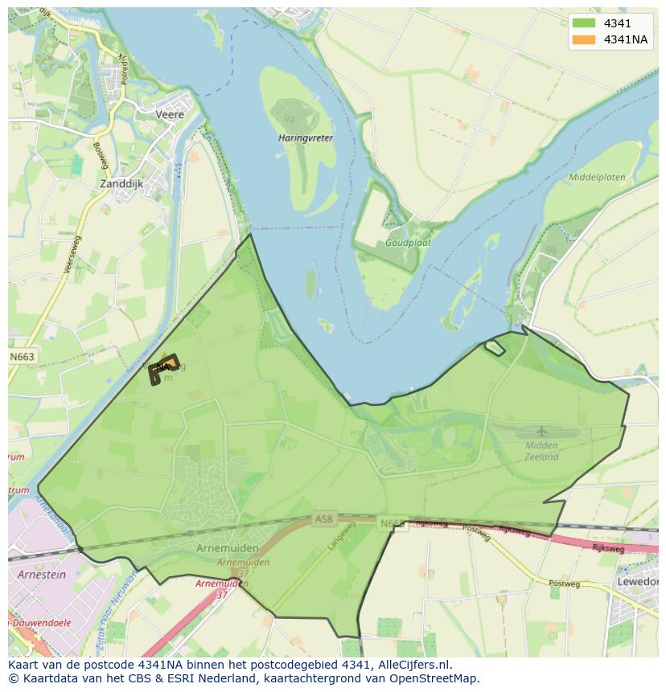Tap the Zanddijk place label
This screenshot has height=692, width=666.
tap(121, 183)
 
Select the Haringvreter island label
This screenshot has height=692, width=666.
tap(306, 137)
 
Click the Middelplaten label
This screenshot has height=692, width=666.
tap(597, 177)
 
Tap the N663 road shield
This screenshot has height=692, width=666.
tap(23, 356)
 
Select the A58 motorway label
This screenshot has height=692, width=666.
tap(323, 519)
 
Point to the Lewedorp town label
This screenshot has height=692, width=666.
tap(640, 581)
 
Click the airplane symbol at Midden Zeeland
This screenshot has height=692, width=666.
tap(541, 432)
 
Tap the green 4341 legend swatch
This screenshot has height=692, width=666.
tap(583, 23)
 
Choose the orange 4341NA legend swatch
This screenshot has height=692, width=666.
tap(583, 39)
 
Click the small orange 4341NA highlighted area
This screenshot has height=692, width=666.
tap(164, 367)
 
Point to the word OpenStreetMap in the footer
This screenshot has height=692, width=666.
tap(434, 678)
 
